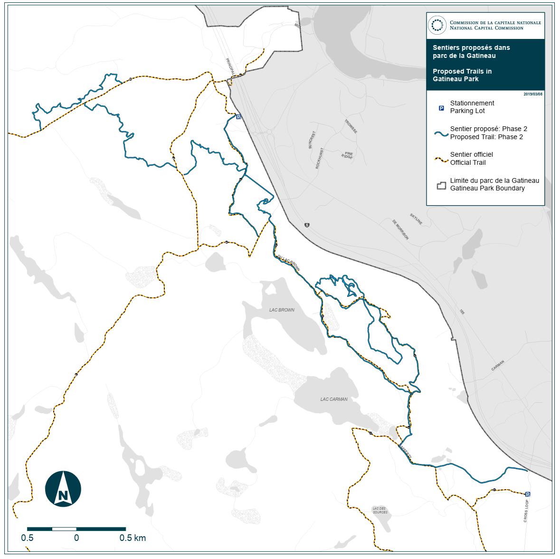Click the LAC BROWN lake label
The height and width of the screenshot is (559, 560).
tap(282, 310)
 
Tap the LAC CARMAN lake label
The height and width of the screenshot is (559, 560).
tap(333, 399)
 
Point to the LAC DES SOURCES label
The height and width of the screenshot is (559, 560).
tap(380, 510)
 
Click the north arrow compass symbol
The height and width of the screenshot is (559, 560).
tap(63, 488)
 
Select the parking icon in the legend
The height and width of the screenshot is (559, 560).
tap(441, 108)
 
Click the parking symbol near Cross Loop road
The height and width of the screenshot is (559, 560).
tap(528, 494)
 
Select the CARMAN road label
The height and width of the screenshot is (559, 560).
tap(498, 365)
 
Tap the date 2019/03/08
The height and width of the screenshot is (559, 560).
tap(533, 94)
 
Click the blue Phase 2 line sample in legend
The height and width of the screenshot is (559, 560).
tap(441, 134)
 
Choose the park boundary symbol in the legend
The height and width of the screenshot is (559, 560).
tap(442, 185)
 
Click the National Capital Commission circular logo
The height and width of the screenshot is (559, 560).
tap(437, 25)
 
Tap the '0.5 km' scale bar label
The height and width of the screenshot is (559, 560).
tap(133, 538)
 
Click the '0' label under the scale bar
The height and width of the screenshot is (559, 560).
tap(76, 538)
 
